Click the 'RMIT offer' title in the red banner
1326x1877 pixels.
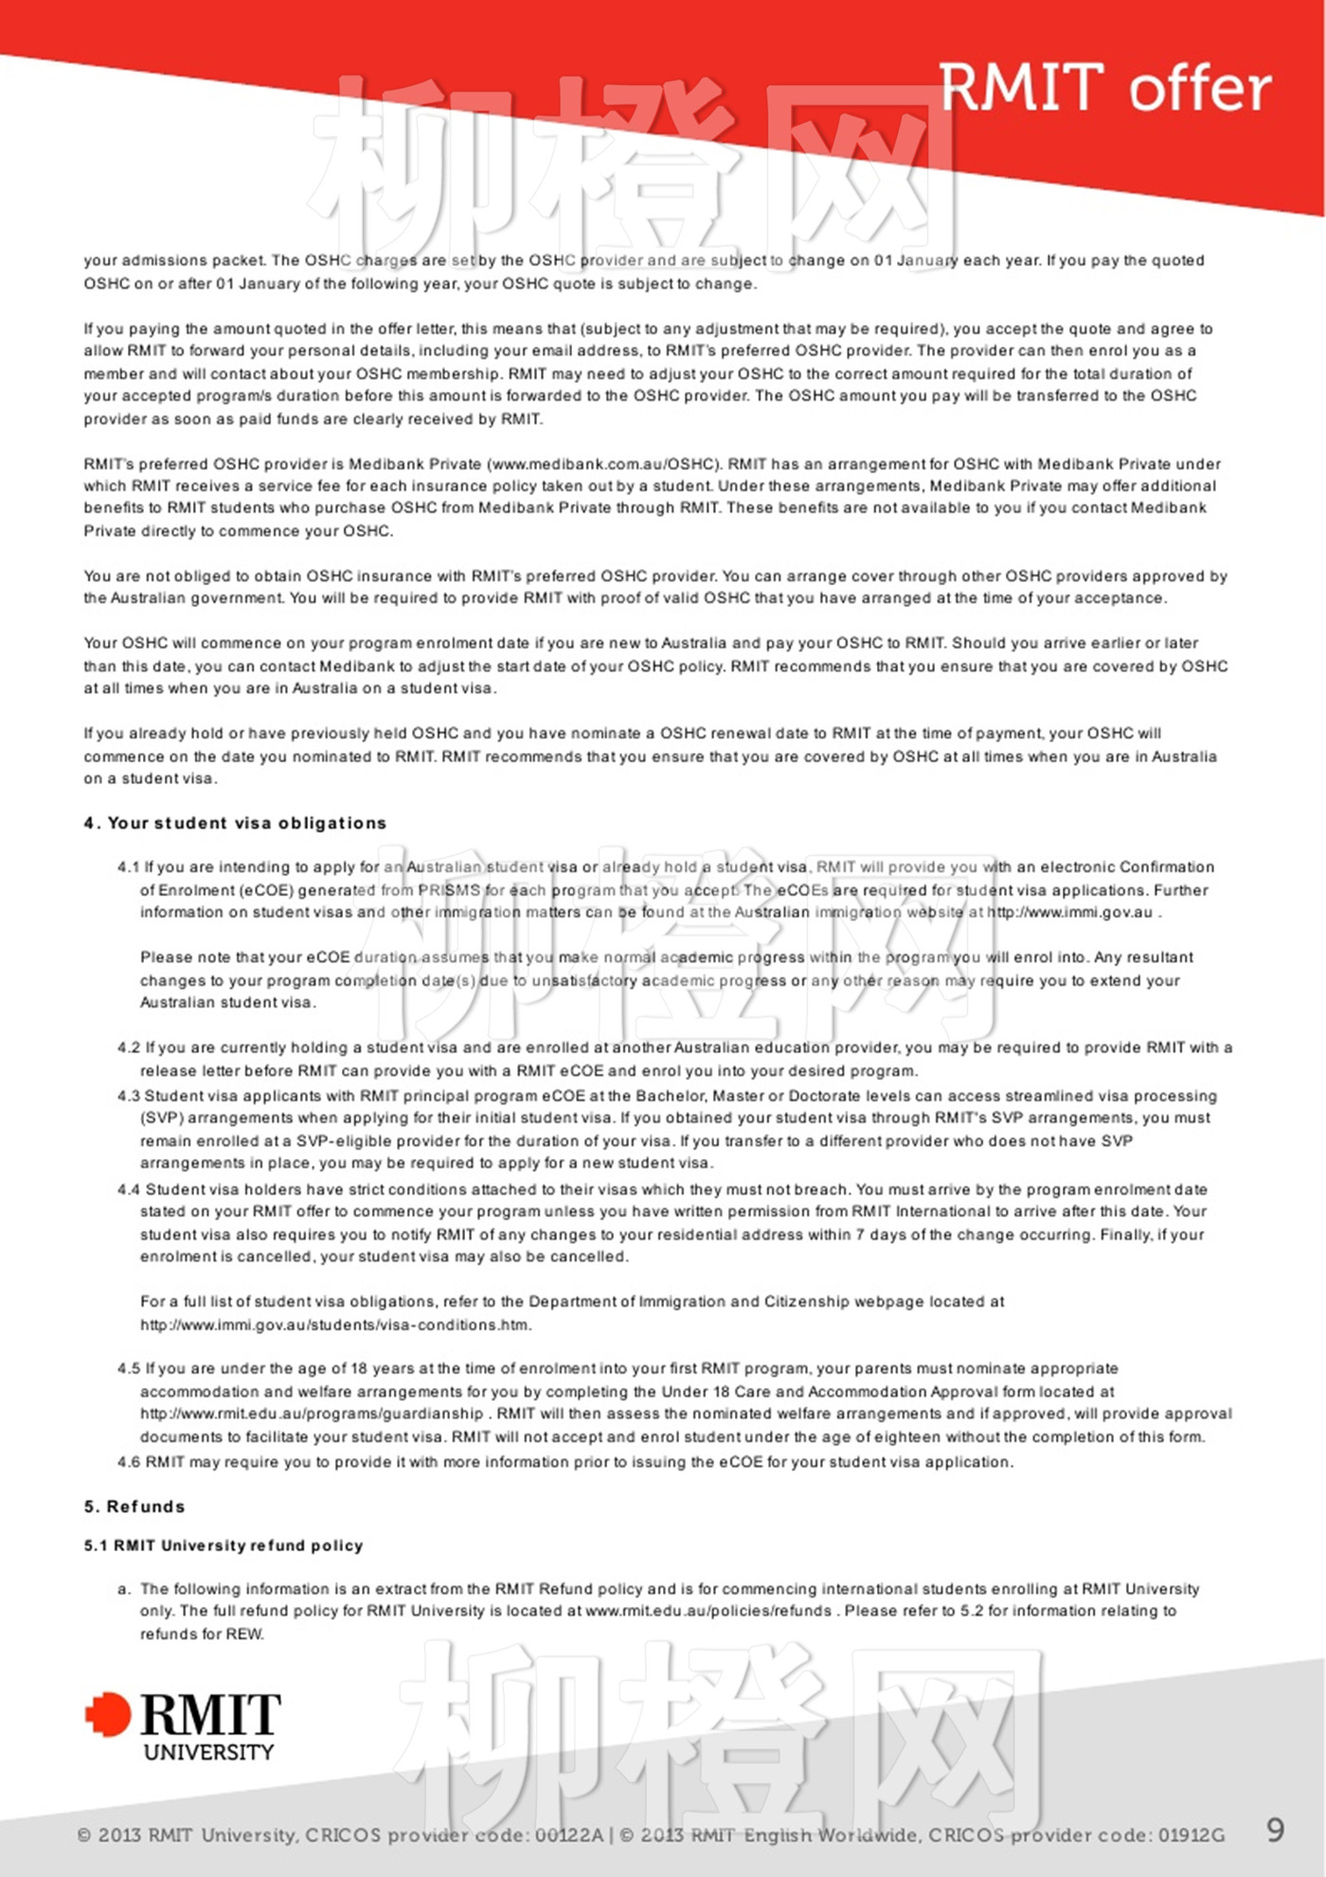coord(1104,88)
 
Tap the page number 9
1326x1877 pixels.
coord(1275,1830)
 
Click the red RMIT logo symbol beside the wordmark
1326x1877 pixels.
coord(108,1714)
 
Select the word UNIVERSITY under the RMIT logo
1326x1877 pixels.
coord(208,1752)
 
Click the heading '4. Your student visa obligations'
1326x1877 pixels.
coord(235,823)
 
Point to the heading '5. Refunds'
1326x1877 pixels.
coord(134,1506)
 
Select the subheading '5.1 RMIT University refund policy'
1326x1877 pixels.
coord(224,1546)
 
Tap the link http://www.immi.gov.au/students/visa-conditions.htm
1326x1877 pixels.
coord(335,1325)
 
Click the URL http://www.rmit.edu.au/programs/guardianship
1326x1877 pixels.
coord(312,1414)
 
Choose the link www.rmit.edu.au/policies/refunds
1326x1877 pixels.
coord(708,1611)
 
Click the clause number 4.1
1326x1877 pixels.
coord(128,867)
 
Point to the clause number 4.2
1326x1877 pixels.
coord(129,1048)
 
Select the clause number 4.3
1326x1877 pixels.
coord(129,1096)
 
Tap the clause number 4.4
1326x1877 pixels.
coord(129,1189)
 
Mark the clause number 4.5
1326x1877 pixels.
coord(129,1369)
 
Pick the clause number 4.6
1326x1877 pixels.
coord(129,1462)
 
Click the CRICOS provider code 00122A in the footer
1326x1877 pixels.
coord(568,1835)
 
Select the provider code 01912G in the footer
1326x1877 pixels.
coord(1191,1835)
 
